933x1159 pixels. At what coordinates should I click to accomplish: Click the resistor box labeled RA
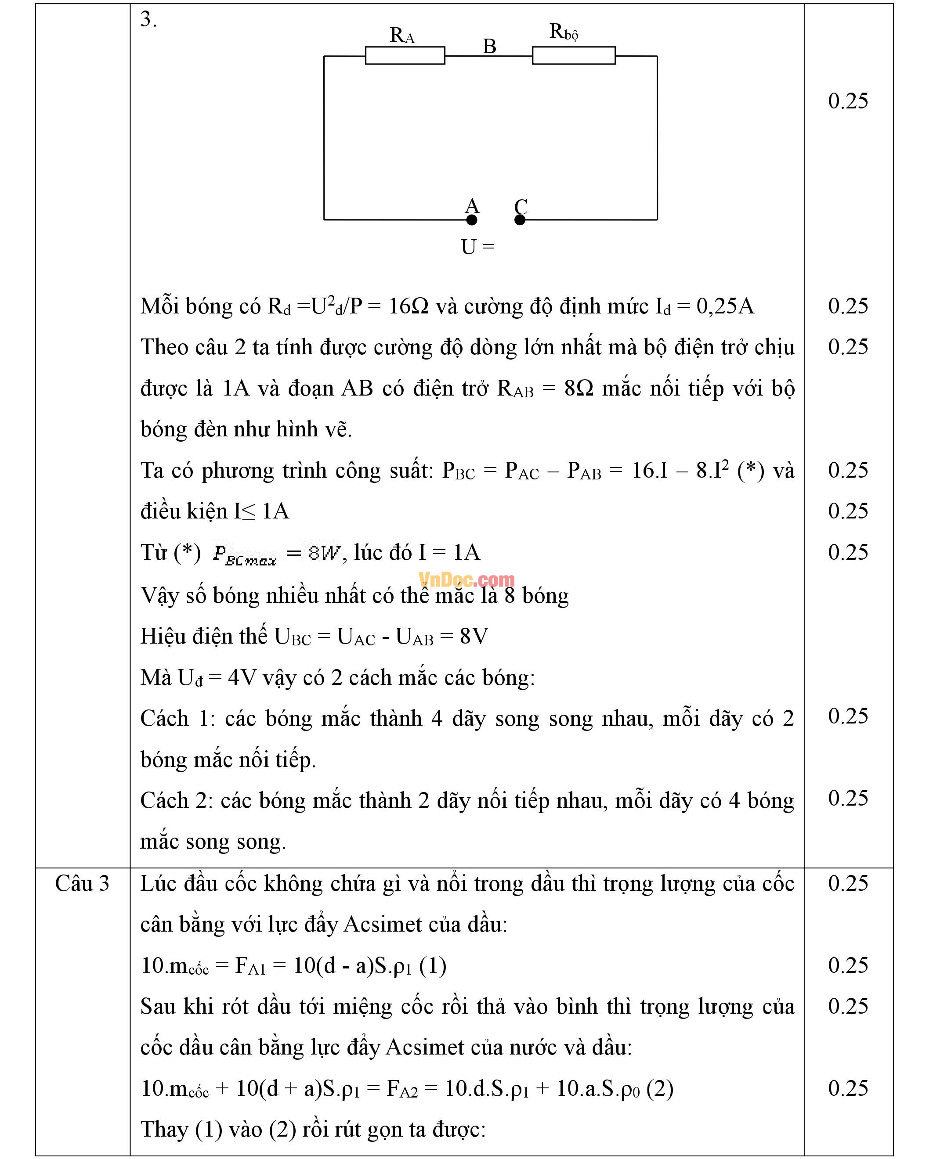coord(405,55)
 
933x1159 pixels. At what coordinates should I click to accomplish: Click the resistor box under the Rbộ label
coord(573,55)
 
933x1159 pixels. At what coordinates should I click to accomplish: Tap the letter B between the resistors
coord(489,46)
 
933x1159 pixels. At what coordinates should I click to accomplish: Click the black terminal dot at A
coord(472,220)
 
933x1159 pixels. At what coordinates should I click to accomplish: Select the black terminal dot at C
coord(520,220)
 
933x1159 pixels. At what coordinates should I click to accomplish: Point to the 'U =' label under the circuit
coord(477,247)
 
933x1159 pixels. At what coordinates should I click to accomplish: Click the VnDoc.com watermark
coord(466,579)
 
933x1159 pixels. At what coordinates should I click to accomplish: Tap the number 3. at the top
coord(148,20)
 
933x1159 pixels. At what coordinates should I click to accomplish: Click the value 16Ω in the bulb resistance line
coord(408,306)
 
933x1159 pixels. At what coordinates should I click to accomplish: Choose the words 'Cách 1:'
coord(178,719)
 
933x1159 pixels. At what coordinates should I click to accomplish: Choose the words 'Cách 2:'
coord(177,801)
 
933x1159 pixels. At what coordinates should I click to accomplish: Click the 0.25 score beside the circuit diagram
coord(848,101)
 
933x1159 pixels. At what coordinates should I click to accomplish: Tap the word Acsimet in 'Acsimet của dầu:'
coord(383,925)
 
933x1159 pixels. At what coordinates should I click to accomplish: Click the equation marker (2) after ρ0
coord(660,1089)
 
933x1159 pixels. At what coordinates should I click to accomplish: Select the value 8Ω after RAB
coord(579,388)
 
